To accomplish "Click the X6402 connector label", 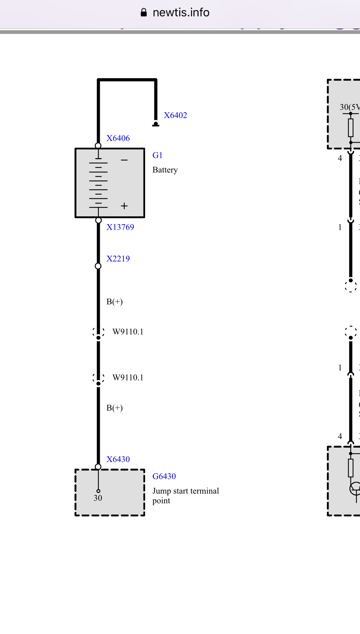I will click(x=175, y=115).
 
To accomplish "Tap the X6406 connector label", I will click(x=118, y=138).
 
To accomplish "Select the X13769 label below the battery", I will click(x=120, y=227).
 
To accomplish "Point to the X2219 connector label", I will click(x=118, y=259).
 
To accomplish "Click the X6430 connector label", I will click(x=118, y=459).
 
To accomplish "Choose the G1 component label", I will click(x=157, y=155).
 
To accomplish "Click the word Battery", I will click(x=165, y=170).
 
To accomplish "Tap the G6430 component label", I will click(x=164, y=476).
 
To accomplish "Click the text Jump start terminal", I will click(x=185, y=491).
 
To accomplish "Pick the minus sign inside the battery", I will click(x=124, y=160).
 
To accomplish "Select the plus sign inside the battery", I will click(x=124, y=206).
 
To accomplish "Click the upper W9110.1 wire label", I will click(x=128, y=332).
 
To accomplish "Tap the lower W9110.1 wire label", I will click(x=128, y=377).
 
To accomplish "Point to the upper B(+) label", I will click(x=115, y=302).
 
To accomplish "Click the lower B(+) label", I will click(x=115, y=408).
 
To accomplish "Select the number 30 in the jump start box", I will click(x=98, y=498).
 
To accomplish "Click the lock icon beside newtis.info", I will click(x=143, y=12).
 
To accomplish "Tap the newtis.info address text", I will click(x=181, y=12).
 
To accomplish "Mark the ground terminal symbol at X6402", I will click(x=156, y=124).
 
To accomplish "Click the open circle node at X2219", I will click(x=98, y=266).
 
